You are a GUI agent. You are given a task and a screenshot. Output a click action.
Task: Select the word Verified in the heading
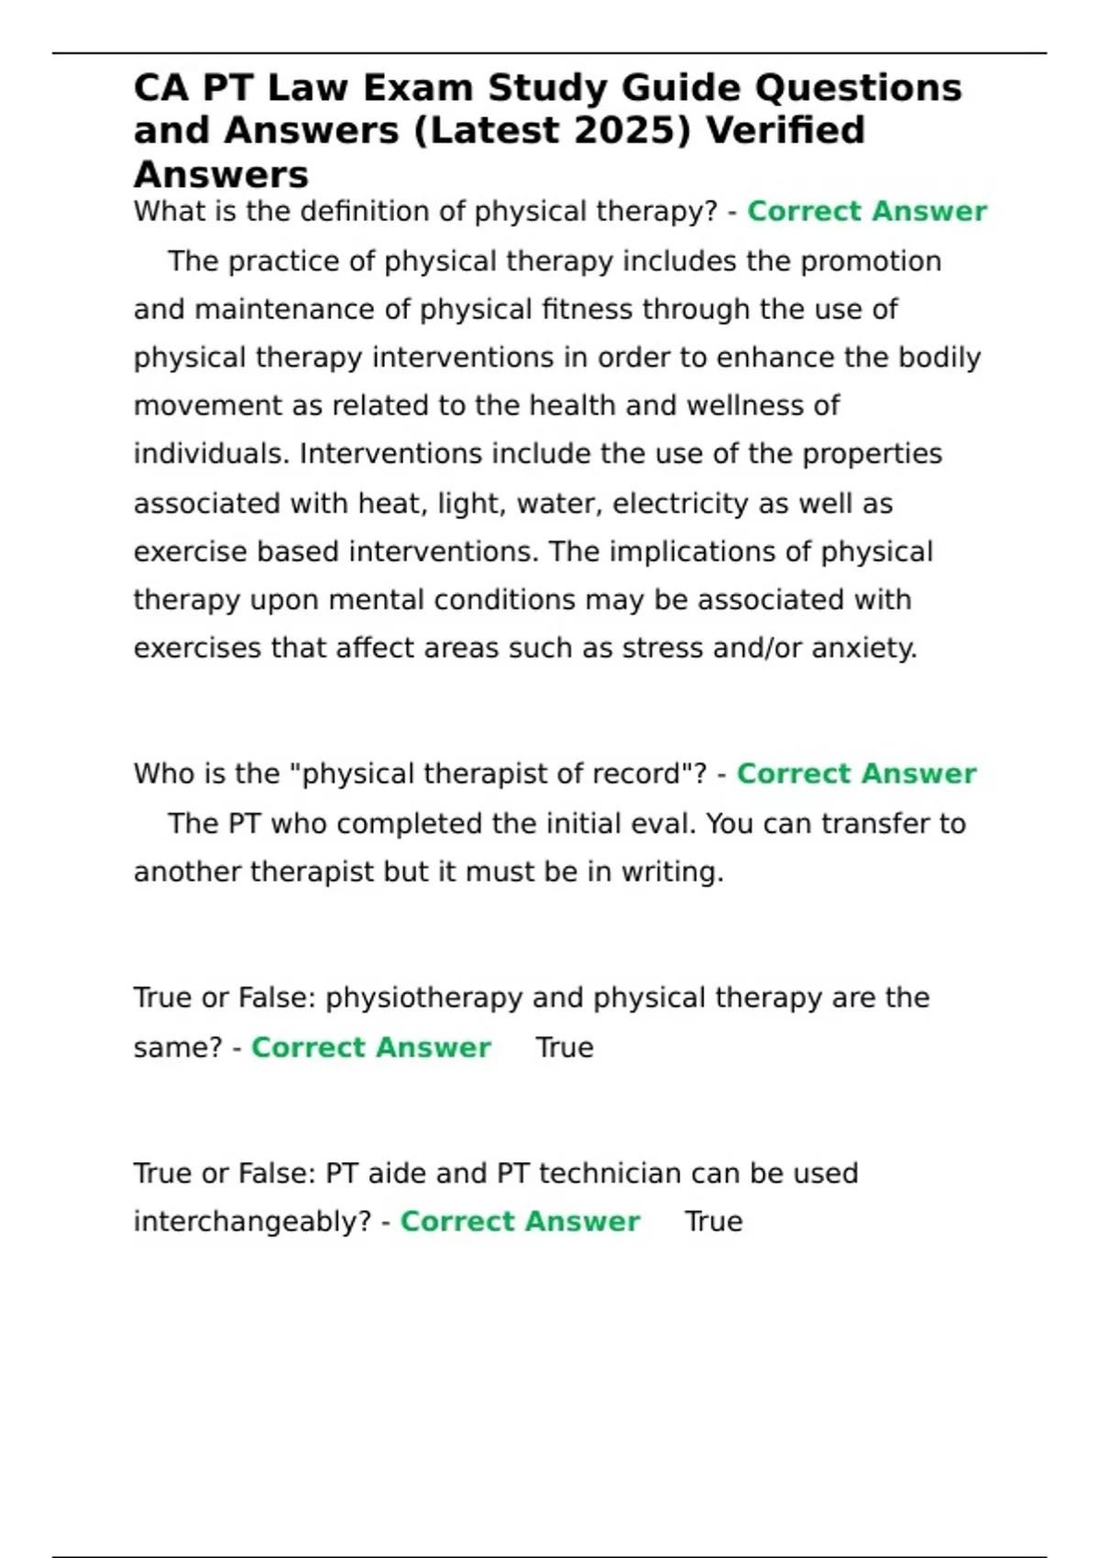coord(786,130)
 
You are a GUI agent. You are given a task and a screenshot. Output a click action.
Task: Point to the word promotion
coord(871,261)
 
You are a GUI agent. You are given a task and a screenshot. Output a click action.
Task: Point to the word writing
coord(672,872)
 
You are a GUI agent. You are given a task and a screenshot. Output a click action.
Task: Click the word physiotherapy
coord(423,998)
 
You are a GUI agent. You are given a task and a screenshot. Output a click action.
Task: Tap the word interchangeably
coord(252,1222)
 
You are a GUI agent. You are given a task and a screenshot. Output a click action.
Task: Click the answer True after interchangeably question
coord(713,1222)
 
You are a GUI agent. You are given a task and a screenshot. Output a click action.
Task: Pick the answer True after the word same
coord(564,1048)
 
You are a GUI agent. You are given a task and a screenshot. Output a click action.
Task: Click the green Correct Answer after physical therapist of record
coord(856,774)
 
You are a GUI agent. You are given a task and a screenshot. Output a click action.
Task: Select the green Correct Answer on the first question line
coord(866,212)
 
